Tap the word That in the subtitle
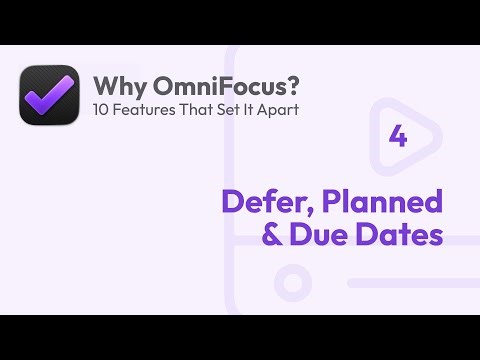(x=188, y=108)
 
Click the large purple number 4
(x=397, y=138)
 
